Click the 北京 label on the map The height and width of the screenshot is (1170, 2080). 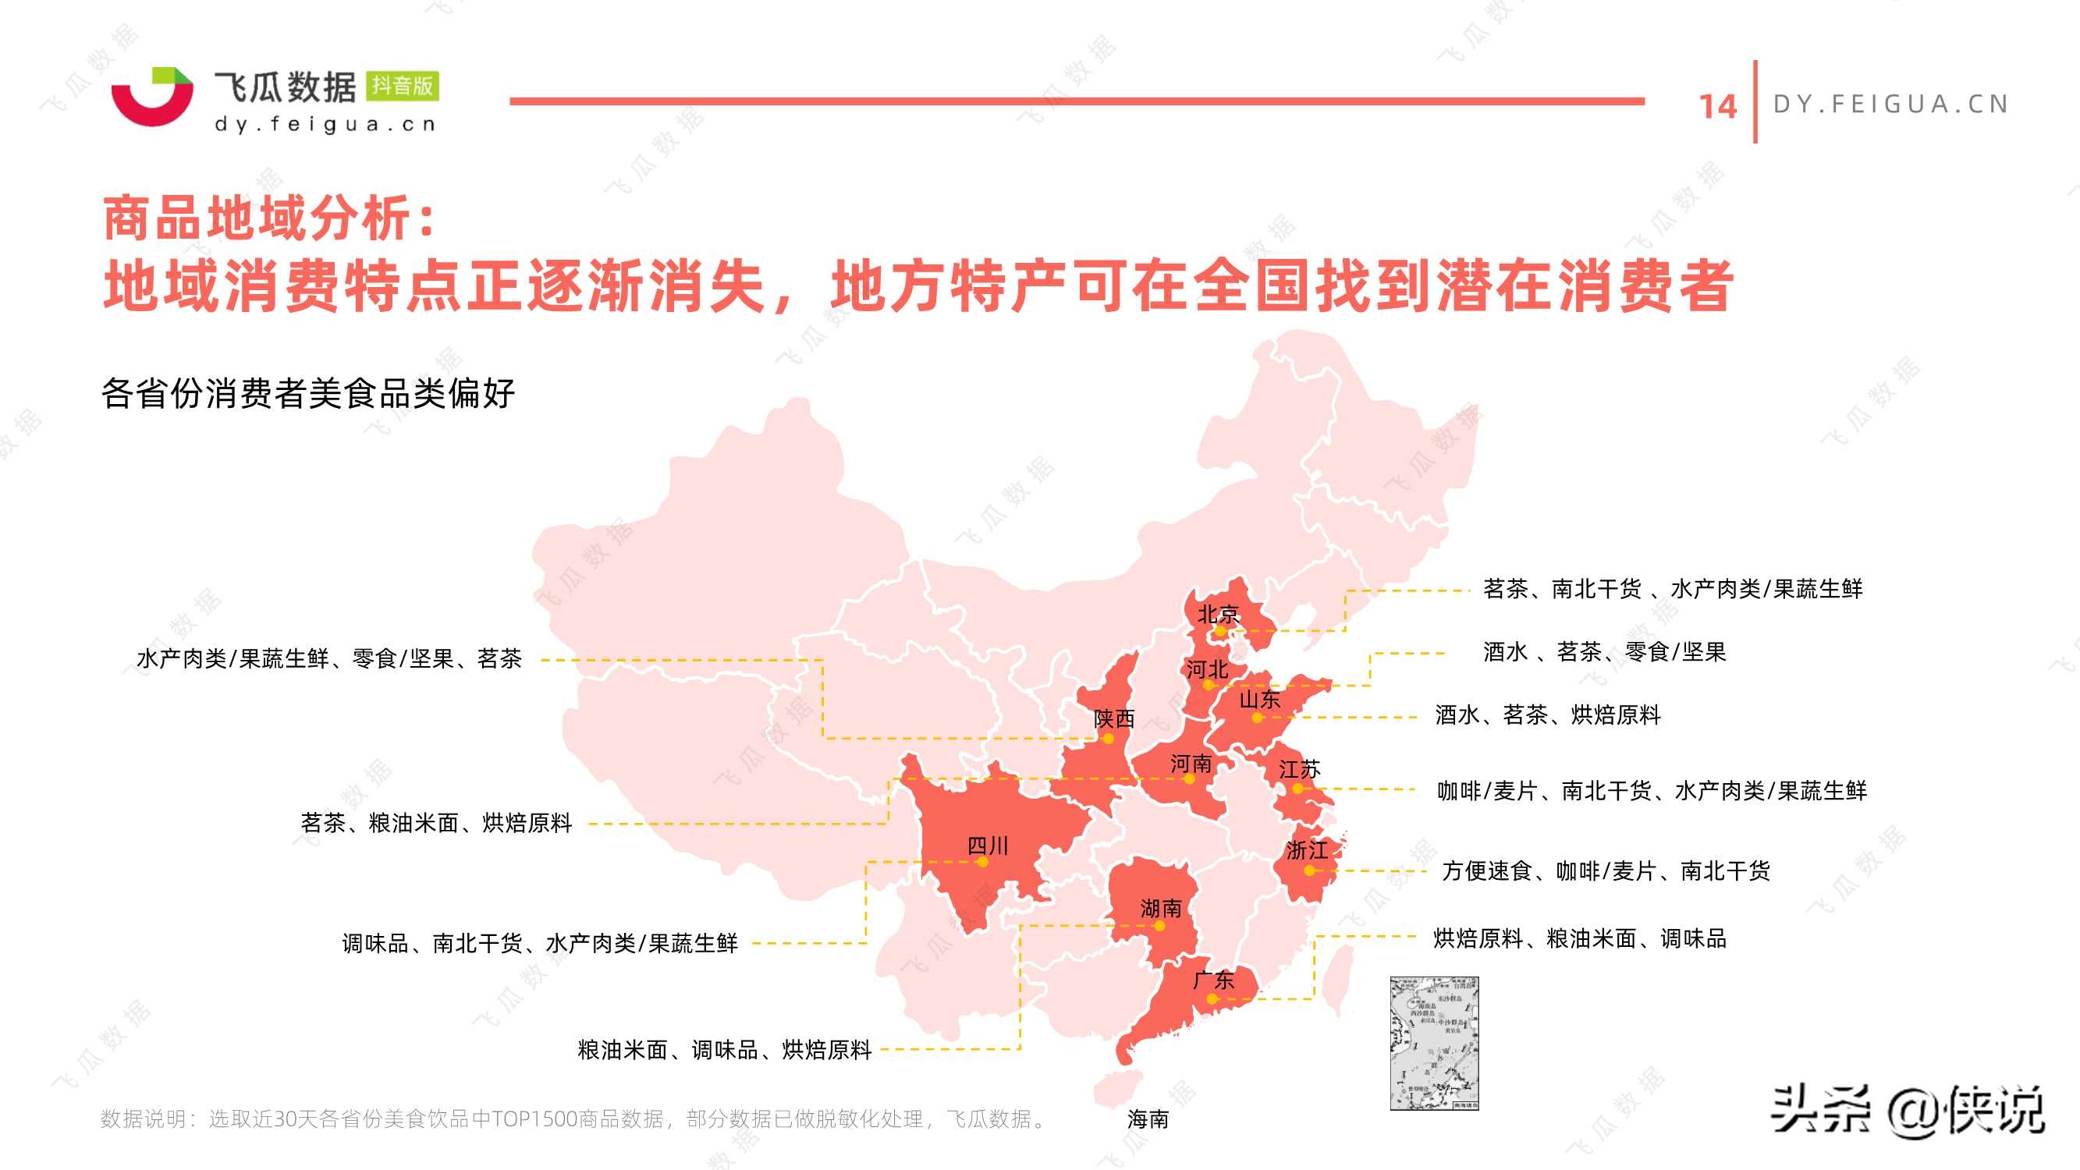pyautogui.click(x=1218, y=615)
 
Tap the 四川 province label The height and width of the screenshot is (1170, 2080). pyautogui.click(x=988, y=846)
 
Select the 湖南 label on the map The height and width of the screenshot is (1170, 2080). pyautogui.click(x=1160, y=909)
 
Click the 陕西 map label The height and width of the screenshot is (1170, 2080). pyautogui.click(x=1113, y=718)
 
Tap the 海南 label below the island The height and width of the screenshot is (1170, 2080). pyautogui.click(x=1148, y=1119)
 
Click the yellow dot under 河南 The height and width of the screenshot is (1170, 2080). pyautogui.click(x=1189, y=779)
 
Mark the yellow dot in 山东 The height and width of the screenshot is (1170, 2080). pyautogui.click(x=1257, y=717)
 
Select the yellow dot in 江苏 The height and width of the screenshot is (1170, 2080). pyautogui.click(x=1297, y=788)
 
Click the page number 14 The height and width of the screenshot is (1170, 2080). pyautogui.click(x=1717, y=107)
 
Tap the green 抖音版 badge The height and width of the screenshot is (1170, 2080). pyautogui.click(x=402, y=86)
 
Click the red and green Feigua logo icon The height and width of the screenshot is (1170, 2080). pyautogui.click(x=153, y=96)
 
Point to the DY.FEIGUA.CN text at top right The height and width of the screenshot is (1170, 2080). pyautogui.click(x=1890, y=105)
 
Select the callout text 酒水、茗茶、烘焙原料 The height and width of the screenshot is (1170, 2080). pyautogui.click(x=1547, y=714)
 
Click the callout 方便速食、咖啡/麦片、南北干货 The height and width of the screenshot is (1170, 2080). pyautogui.click(x=1605, y=870)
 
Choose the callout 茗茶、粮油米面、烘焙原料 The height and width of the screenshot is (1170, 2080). pyautogui.click(x=436, y=823)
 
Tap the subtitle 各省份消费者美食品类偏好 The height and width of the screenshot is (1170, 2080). pyautogui.click(x=307, y=394)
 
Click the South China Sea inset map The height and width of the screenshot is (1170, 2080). pyautogui.click(x=1434, y=1042)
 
